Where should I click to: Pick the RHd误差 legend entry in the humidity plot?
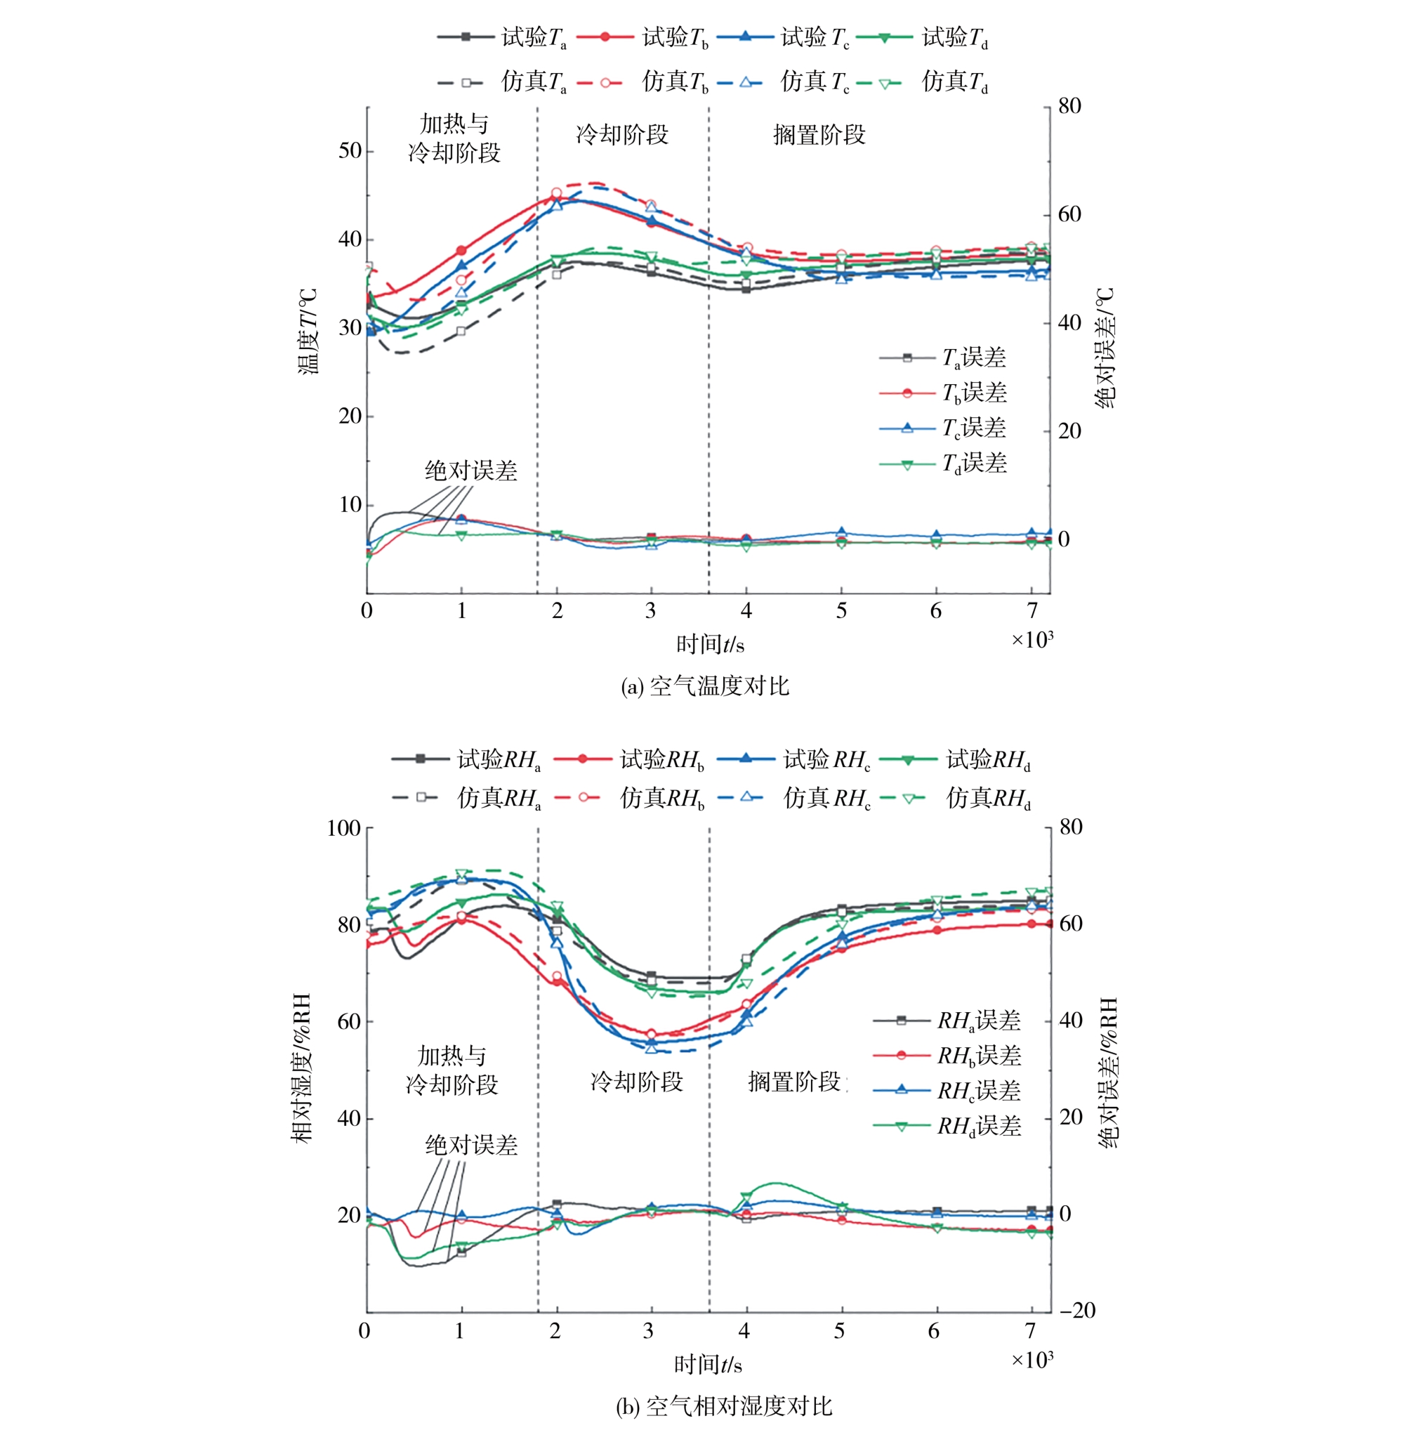coord(948,1127)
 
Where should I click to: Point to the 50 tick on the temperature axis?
coord(350,151)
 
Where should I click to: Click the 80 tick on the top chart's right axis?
coord(1069,106)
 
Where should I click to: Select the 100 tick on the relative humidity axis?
coord(343,828)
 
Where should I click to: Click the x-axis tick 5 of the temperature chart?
coord(841,611)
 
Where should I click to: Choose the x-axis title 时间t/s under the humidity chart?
coord(708,1364)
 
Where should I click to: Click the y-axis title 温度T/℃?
coord(309,332)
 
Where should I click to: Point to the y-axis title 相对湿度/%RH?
coord(301,1068)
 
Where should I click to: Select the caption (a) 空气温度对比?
coord(705,686)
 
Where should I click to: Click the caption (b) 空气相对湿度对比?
coord(724,1405)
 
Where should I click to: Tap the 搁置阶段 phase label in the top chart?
coord(819,135)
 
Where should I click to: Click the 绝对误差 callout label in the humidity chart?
coord(471,1146)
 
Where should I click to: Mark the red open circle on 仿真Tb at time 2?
coord(557,193)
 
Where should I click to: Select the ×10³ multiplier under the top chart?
coord(1032,639)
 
